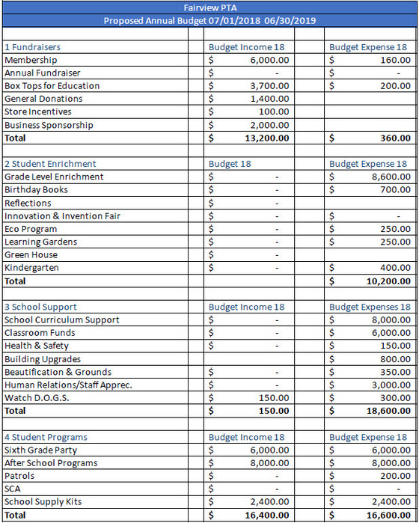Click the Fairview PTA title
pyautogui.click(x=209, y=7)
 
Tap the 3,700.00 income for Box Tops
pyautogui.click(x=269, y=86)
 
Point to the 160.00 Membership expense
pyautogui.click(x=395, y=60)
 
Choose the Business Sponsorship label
pyautogui.click(x=49, y=125)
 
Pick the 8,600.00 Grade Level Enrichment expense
pyautogui.click(x=391, y=177)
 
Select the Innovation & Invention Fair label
pyautogui.click(x=62, y=216)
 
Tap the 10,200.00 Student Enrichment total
pyautogui.click(x=388, y=281)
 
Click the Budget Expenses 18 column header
pyautogui.click(x=370, y=307)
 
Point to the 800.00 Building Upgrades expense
pyautogui.click(x=395, y=359)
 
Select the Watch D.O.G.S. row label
pyautogui.click(x=37, y=398)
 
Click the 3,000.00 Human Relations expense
pyautogui.click(x=391, y=385)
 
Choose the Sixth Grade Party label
pyautogui.click(x=40, y=450)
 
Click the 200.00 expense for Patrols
pyautogui.click(x=395, y=476)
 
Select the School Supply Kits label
pyautogui.click(x=43, y=502)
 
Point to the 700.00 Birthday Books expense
pyautogui.click(x=395, y=190)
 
